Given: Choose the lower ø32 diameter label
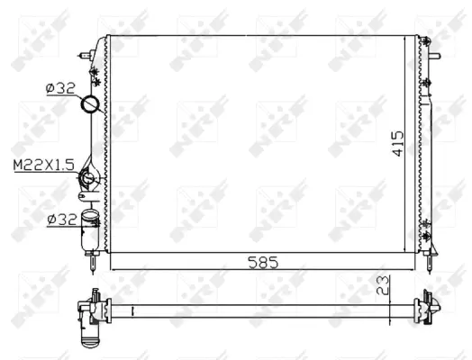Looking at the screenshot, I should click(x=59, y=218).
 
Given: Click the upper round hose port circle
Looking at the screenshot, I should click(x=91, y=106).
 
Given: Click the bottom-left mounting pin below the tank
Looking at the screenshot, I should click(x=92, y=263).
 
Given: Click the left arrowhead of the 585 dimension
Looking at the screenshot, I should click(x=113, y=268).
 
